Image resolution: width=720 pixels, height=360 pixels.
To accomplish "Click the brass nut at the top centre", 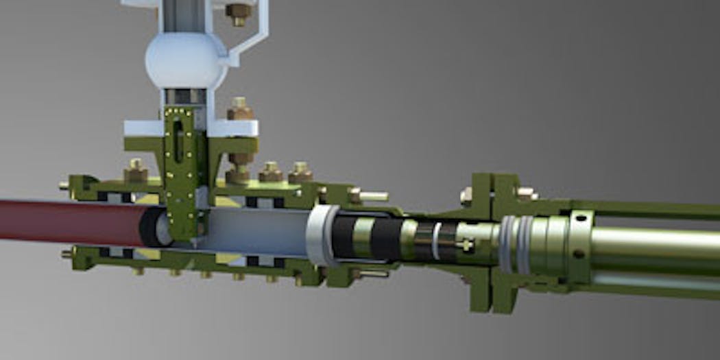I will (239, 12).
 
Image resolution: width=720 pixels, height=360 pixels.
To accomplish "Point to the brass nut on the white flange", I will (239, 108).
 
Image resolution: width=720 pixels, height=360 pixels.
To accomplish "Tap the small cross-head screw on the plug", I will (468, 243).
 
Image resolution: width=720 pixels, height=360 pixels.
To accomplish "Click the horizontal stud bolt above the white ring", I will (370, 196).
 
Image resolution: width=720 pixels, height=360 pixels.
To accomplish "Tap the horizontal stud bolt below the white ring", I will (371, 273).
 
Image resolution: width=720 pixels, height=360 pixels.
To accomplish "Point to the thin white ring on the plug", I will (436, 241).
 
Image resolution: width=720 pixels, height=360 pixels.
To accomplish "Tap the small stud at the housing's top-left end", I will (64, 184).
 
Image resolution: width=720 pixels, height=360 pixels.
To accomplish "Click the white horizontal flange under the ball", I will (192, 128).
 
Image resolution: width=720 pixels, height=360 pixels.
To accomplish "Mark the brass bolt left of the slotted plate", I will (136, 171).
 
